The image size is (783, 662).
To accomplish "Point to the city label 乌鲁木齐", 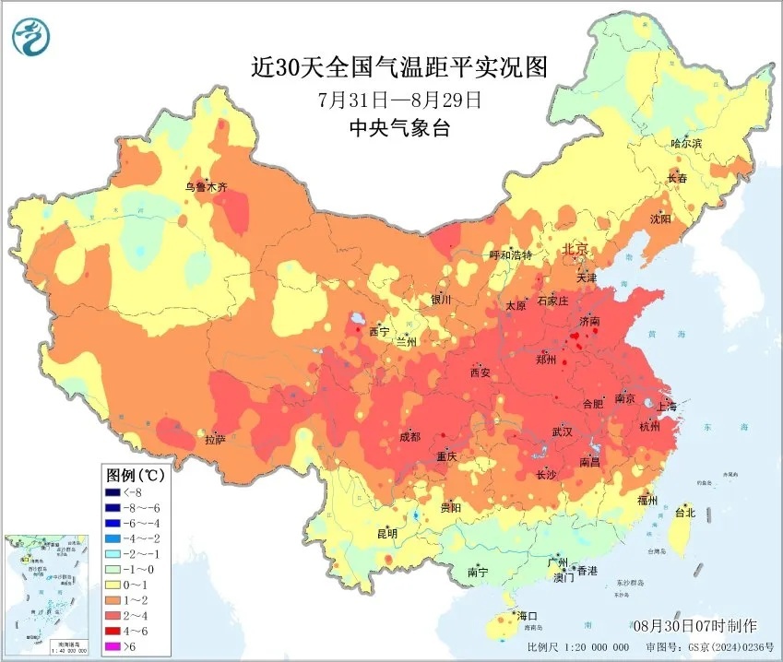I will [205, 187].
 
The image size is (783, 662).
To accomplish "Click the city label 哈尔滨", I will [686, 143].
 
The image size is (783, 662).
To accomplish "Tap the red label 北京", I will [576, 249].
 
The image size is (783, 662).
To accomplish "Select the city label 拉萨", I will [214, 441].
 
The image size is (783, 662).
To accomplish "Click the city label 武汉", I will [562, 431].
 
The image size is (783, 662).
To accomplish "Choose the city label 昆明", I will [386, 533].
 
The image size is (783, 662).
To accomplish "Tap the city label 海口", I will [527, 615].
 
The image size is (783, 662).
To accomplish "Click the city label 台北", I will [685, 513].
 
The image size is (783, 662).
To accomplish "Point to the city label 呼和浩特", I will [510, 254].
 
